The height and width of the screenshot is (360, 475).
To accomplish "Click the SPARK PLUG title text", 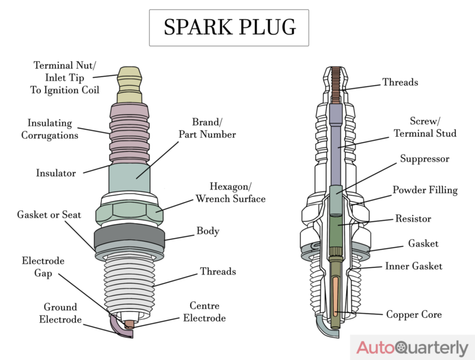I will [x=229, y=28].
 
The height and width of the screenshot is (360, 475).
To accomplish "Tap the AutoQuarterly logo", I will [x=411, y=348].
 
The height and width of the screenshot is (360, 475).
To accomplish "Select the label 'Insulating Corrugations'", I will [x=50, y=129].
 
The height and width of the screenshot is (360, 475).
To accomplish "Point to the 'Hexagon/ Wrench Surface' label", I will [x=230, y=192].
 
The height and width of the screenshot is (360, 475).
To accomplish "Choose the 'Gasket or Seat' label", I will [x=49, y=214].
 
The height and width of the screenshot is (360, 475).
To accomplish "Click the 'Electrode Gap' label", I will [x=43, y=267].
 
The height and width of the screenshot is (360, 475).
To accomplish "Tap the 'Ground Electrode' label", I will [x=60, y=313].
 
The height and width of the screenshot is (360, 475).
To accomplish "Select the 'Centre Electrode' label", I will [x=204, y=312].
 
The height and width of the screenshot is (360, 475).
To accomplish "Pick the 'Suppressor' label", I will [x=425, y=159].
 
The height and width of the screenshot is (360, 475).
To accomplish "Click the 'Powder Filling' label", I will [x=425, y=190].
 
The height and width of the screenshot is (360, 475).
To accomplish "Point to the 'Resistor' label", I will [x=413, y=219].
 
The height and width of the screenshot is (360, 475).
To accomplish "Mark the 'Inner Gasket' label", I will [x=413, y=266].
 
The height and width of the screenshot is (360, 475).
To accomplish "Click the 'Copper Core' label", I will [x=413, y=314].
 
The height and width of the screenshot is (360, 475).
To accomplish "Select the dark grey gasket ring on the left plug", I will [x=129, y=238].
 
